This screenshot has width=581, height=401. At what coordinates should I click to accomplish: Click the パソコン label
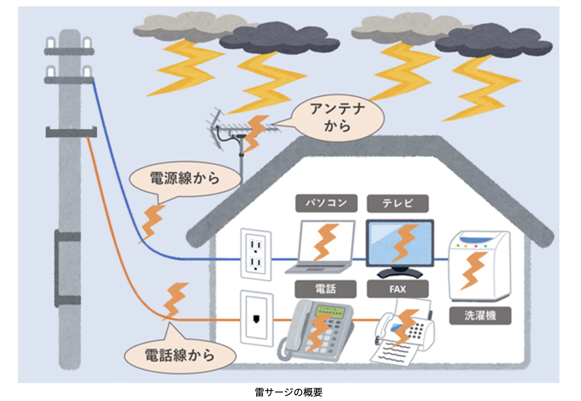click(326, 203)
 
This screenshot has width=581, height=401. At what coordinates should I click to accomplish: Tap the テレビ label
click(398, 203)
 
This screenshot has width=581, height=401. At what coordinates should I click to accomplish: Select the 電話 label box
click(325, 289)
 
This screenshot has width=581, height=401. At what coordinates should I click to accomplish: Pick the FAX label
click(398, 289)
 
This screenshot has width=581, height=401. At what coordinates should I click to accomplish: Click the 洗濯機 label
click(480, 316)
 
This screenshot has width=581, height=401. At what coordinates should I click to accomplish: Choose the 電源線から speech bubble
click(185, 179)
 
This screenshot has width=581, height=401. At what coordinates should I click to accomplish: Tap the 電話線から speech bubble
click(180, 356)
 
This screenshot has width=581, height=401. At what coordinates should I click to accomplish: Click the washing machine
click(479, 265)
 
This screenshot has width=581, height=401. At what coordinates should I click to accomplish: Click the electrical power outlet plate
click(256, 254)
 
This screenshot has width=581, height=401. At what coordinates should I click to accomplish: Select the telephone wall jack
click(256, 319)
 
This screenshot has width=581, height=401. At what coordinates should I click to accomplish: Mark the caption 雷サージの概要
click(288, 392)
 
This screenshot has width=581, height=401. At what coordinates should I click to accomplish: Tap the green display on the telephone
click(330, 311)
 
